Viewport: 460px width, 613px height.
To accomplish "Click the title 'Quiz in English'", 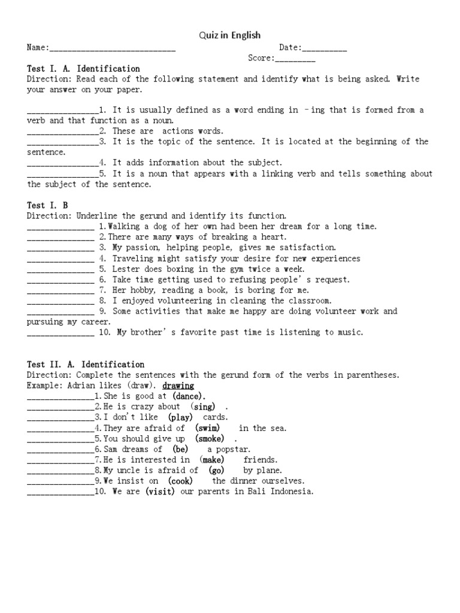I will coord(229,35).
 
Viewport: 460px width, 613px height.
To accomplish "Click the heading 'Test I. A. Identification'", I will coord(83,69).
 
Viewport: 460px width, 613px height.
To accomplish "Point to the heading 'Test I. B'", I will coord(48,205).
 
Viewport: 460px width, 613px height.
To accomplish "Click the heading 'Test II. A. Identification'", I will coord(86,364).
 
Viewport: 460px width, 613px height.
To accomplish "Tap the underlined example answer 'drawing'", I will coord(178,386).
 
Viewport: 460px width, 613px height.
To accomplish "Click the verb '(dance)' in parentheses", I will coord(189,396).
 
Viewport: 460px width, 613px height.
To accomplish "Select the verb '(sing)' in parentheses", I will coord(203,406).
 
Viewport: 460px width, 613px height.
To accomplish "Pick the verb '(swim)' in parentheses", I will coord(207,428).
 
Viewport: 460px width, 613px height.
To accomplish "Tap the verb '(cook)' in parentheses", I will coord(181,481).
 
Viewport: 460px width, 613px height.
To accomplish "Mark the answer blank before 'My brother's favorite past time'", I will coord(60,332).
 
